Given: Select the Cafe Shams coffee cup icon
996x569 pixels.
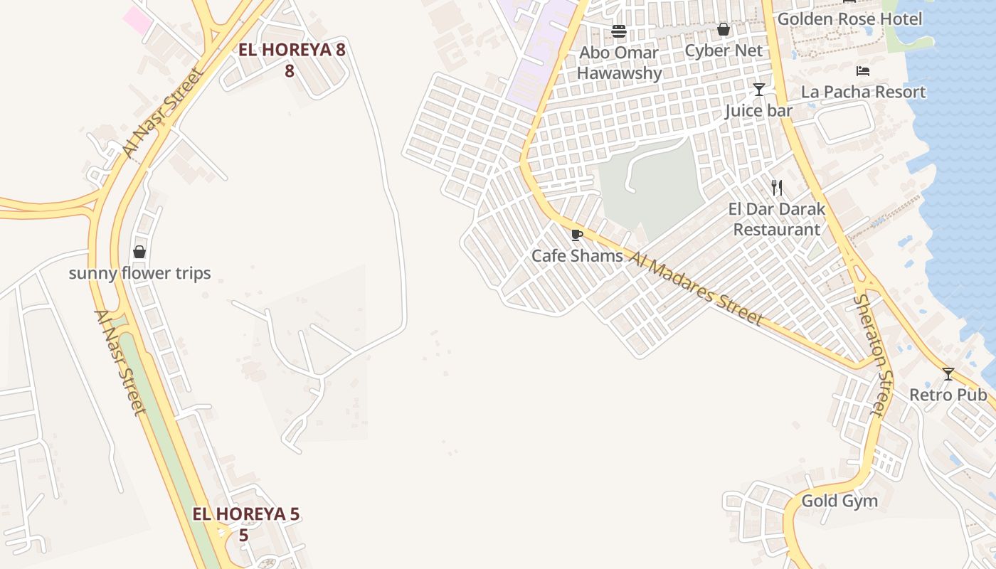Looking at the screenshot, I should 577,235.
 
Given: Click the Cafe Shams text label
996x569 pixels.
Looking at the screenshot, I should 577,256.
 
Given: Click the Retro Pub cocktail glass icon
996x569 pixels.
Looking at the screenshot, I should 948,373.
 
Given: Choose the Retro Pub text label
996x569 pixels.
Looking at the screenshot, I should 948,395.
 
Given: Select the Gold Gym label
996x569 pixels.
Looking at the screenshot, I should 839,501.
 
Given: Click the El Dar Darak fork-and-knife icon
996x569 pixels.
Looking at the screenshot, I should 777,188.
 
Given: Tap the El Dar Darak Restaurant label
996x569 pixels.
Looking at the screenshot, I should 777,219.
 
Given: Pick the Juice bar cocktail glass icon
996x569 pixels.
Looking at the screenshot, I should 759,90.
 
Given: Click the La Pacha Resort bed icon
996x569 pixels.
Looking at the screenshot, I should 863,70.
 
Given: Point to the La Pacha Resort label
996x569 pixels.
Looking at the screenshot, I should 863,92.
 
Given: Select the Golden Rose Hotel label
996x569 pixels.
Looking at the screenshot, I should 849,19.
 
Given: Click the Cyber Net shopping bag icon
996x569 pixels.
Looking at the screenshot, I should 724,29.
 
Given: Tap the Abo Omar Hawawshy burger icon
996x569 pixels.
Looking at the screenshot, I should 619,31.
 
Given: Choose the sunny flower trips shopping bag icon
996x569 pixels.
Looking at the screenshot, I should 139,252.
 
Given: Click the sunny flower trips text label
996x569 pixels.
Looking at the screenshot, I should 139,273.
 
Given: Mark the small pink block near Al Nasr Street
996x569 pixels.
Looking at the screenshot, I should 137,18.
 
